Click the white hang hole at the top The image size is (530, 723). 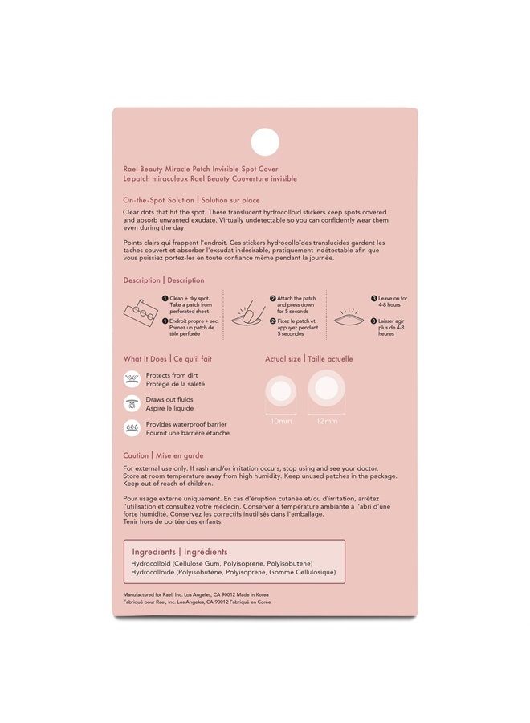[264, 141]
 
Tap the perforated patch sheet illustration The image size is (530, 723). [144, 314]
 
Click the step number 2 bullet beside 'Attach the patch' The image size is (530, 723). [272, 298]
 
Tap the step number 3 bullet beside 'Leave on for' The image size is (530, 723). [374, 298]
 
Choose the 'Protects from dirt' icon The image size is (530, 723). [132, 378]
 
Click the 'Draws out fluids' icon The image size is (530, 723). [132, 403]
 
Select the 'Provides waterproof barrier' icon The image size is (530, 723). [132, 428]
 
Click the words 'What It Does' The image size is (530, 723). [145, 359]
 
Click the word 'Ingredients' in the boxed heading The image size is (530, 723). [156, 552]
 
